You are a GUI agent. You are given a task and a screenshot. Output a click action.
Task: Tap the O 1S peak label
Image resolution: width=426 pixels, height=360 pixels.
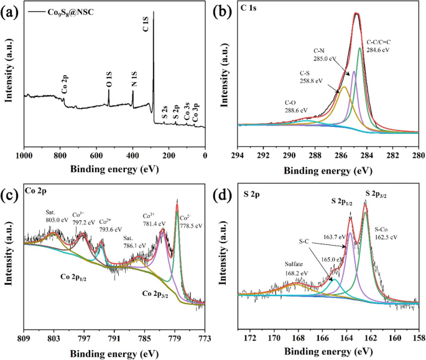(x=109, y=78)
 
